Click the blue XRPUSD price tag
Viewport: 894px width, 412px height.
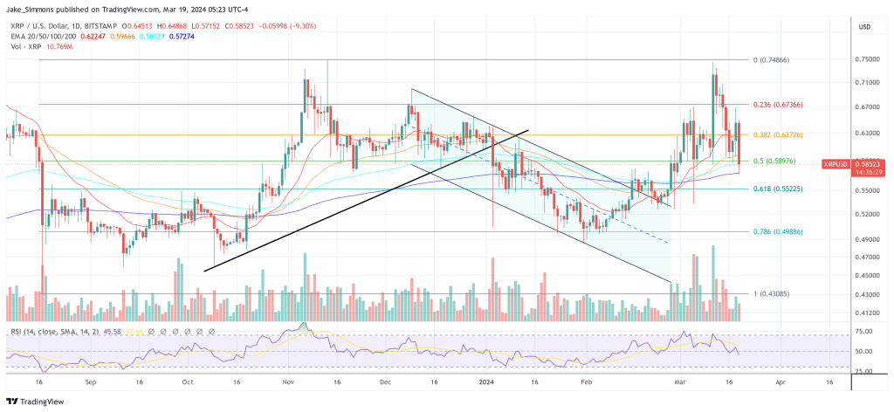click(x=839, y=163)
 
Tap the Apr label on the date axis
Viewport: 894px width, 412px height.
click(x=780, y=382)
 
